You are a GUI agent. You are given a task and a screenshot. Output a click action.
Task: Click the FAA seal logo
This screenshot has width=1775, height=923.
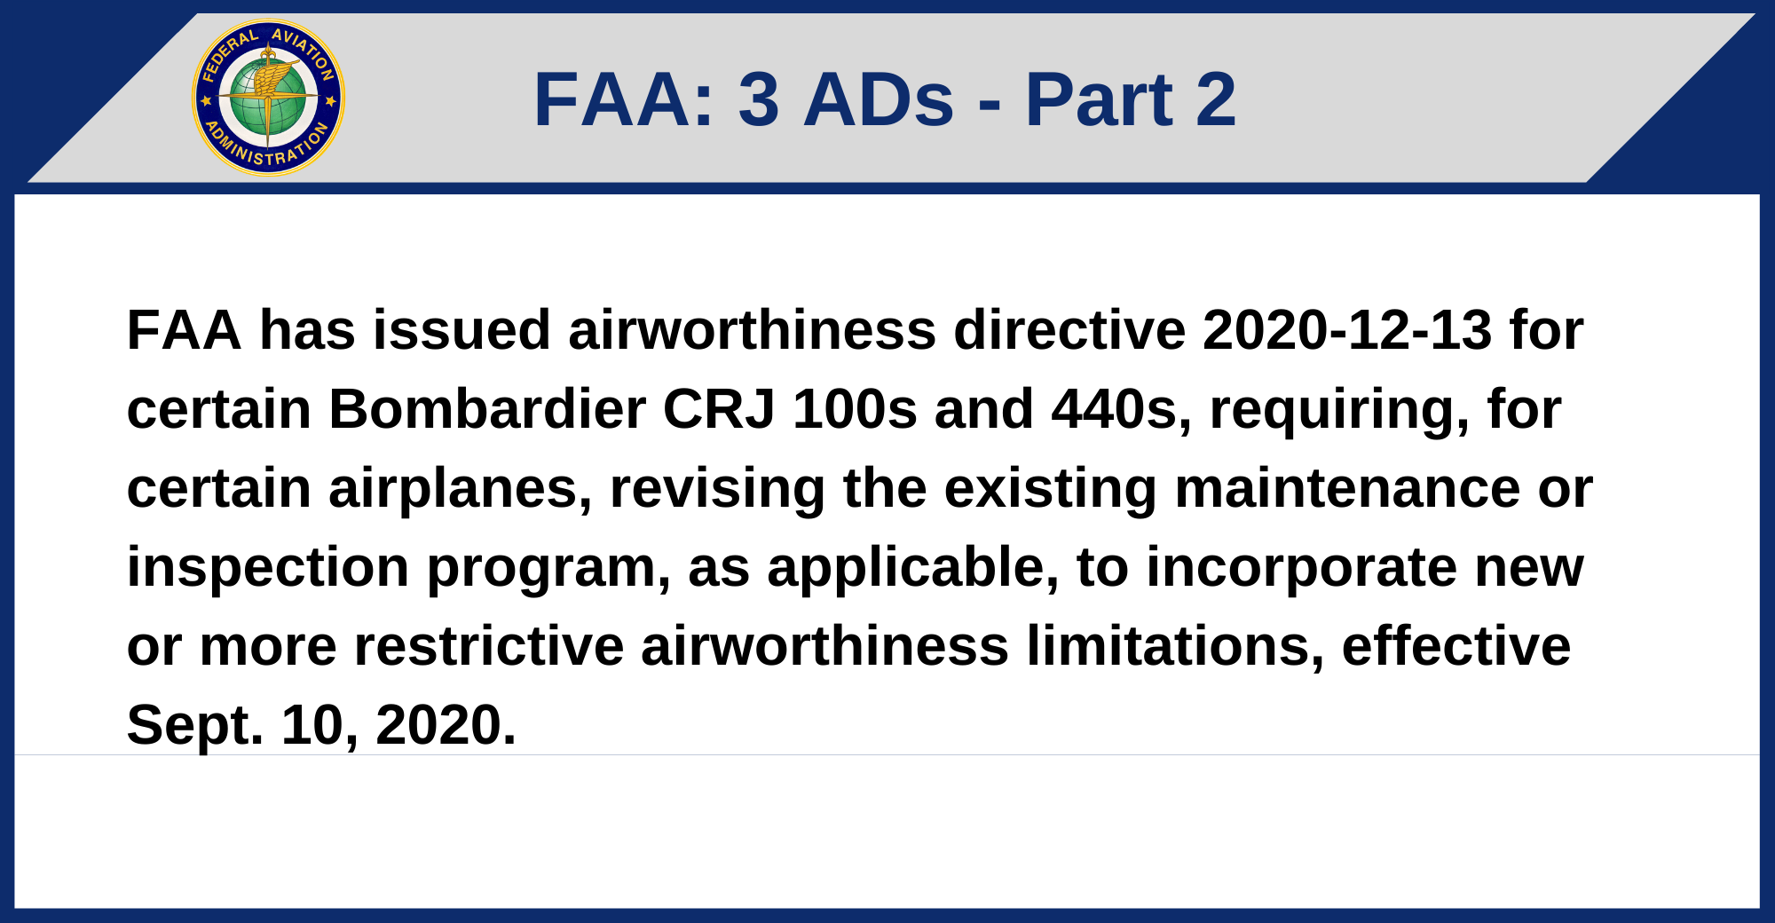coord(268,98)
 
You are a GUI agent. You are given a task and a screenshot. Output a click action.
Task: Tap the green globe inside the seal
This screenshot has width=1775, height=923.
coord(268,99)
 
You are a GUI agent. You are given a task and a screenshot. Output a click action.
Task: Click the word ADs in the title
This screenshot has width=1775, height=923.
coord(879,99)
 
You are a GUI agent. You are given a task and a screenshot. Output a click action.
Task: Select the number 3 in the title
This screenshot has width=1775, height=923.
coord(759,99)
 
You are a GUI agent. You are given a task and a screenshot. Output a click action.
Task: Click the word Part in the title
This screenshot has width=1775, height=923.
coord(1099,99)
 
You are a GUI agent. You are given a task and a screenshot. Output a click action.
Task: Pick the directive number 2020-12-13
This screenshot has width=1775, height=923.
coord(1347,330)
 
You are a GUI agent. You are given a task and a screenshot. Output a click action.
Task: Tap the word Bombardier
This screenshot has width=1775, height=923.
coord(487,409)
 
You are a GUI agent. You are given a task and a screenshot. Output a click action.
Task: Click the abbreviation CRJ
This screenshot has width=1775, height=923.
coord(719,409)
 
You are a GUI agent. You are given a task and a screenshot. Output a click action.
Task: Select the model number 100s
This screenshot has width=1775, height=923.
coord(855,409)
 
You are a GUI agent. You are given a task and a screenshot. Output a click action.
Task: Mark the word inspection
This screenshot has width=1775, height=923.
coord(268,568)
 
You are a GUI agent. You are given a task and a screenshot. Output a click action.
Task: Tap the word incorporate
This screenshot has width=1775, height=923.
coord(1301,568)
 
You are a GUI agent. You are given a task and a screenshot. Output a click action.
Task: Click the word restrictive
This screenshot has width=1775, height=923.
coord(489,646)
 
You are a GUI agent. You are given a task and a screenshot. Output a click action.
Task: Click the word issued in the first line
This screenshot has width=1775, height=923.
coord(461,330)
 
